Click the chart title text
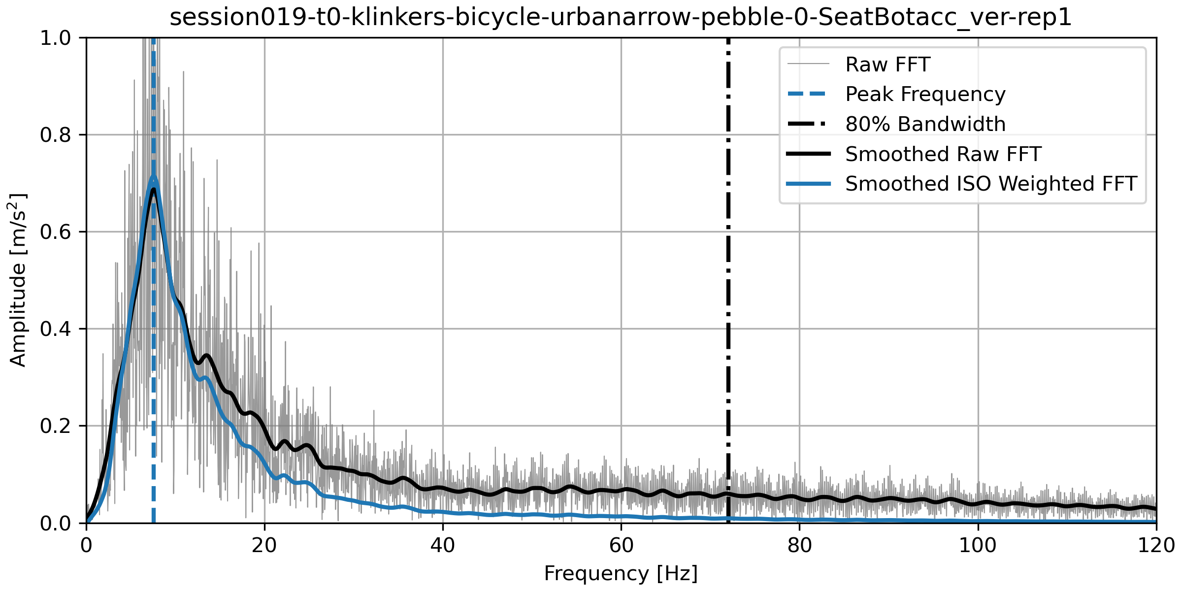point(621,17)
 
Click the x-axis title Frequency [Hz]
point(621,574)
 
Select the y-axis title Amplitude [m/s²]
point(18,280)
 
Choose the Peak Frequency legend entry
point(925,94)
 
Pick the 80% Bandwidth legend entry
point(925,124)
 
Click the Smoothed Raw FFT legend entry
point(943,154)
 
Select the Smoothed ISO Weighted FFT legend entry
point(991,184)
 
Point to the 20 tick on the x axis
point(264,546)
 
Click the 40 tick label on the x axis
point(443,546)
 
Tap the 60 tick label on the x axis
point(621,546)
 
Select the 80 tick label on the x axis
point(799,546)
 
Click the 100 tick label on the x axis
point(978,546)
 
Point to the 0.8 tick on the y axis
point(56,135)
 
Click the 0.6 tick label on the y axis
point(56,232)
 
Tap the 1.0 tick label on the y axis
point(56,38)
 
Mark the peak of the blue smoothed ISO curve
point(153,177)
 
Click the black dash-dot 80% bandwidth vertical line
point(728,295)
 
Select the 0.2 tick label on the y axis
point(56,426)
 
